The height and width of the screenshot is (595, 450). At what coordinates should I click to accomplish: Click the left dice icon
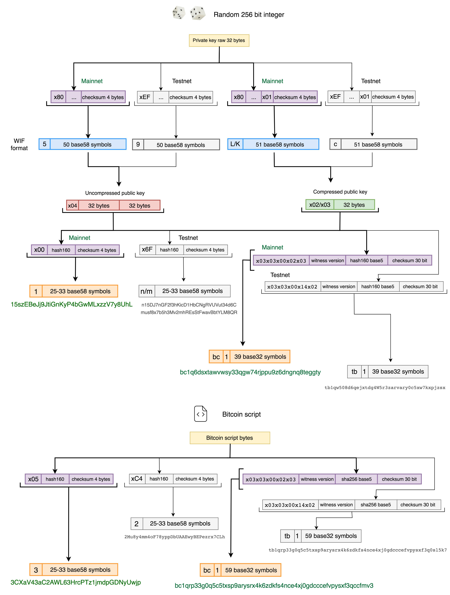(x=179, y=13)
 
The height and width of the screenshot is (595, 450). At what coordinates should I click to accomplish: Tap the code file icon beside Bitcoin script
(x=201, y=414)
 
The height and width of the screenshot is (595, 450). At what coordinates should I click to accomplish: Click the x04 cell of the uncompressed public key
(x=72, y=206)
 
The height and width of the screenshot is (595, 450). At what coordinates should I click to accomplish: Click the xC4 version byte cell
(x=137, y=479)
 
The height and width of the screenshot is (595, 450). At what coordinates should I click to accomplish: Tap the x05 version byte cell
(x=33, y=479)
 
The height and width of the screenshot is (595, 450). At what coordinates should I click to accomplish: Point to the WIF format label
(x=19, y=144)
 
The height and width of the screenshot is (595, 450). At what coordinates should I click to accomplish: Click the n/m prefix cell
(x=146, y=291)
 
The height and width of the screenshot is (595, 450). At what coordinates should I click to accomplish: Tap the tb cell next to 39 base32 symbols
(x=354, y=371)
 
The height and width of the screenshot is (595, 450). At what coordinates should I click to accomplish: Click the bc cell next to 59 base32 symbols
(x=207, y=570)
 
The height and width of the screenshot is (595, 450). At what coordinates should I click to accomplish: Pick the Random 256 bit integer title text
(x=249, y=15)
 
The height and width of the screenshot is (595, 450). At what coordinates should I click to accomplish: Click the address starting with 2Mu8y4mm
(x=174, y=537)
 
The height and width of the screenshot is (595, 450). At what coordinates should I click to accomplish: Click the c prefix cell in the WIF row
(x=335, y=144)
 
